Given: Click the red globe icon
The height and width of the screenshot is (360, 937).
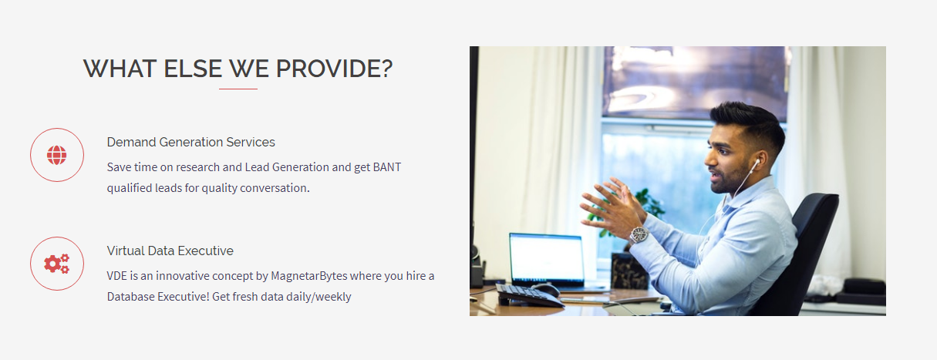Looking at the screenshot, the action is point(57,155).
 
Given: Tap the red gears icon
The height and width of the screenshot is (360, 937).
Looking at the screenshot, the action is point(57,264).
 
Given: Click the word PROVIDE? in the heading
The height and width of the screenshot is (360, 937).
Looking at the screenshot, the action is point(334,69).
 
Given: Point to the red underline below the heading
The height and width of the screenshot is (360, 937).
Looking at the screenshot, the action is point(238,89).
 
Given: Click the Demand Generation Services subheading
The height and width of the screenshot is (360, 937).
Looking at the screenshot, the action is point(190,142).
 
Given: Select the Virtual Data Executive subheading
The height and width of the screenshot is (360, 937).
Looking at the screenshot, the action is point(170,251).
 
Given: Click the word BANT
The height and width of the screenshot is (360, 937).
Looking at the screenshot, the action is point(387,167).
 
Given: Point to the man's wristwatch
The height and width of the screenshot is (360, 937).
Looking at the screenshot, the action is point(639,235).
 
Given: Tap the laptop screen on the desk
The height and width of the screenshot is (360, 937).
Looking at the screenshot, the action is point(547,258).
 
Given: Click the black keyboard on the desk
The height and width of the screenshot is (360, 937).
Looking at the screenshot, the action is point(529,295).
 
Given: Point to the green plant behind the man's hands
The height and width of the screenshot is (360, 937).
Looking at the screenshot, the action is point(644,209).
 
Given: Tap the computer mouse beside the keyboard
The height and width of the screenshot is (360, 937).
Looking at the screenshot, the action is point(545,289).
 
